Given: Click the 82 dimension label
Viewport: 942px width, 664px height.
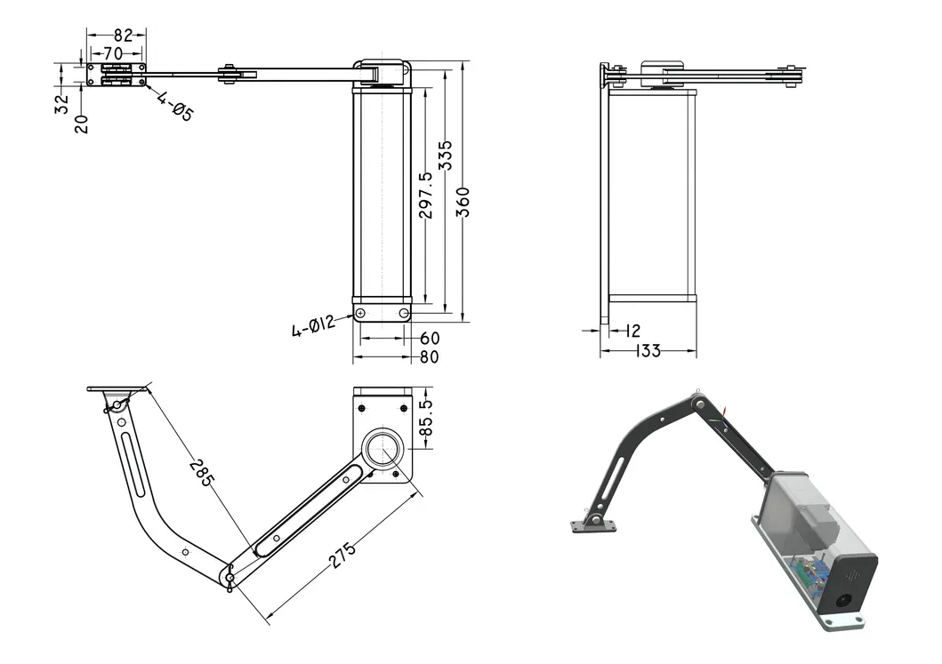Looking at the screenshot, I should pyautogui.click(x=123, y=36).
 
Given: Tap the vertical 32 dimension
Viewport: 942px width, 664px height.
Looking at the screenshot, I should pyautogui.click(x=61, y=104).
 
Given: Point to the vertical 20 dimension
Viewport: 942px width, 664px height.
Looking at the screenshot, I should pyautogui.click(x=82, y=123).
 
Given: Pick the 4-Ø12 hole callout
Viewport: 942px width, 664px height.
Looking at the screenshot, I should pyautogui.click(x=312, y=326).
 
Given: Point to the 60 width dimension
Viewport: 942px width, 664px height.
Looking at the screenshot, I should pyautogui.click(x=430, y=339).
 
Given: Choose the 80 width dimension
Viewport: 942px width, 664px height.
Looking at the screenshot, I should pyautogui.click(x=430, y=357).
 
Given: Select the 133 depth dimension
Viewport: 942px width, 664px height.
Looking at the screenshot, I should pyautogui.click(x=648, y=351).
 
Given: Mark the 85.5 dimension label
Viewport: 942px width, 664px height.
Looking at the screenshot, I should pyautogui.click(x=426, y=417).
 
